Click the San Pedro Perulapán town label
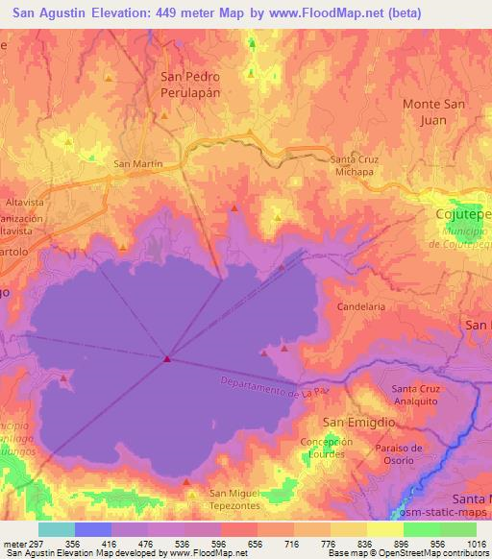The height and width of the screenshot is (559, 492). point(189,85)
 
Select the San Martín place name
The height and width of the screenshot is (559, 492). point(137,163)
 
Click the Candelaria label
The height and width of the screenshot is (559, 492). point(361,306)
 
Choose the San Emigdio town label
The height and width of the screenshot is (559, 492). point(352,422)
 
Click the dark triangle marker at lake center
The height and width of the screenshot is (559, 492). point(167,359)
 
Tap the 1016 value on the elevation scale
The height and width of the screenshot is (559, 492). point(474,543)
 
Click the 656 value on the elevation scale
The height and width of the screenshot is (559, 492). point(255,543)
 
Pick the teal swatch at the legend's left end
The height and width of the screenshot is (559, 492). point(56,529)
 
